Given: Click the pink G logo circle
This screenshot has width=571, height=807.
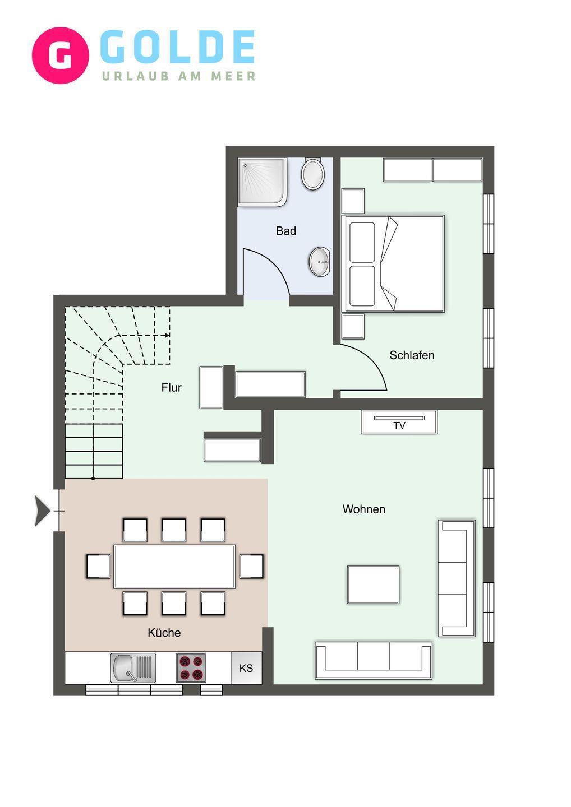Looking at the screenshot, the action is (60, 55).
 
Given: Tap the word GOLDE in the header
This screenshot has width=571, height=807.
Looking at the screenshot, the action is (178, 47).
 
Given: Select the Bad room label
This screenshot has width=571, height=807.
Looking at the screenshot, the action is (286, 231).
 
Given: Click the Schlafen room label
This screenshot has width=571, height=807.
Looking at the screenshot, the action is (412, 355).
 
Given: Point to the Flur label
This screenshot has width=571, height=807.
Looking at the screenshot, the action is (172, 388).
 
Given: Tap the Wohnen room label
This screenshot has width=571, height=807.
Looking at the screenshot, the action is (363, 509).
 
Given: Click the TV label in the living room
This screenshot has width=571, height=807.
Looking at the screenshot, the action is (399, 425).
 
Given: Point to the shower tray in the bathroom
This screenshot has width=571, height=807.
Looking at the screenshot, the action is (263, 182).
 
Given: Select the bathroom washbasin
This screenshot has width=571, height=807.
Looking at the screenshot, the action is (319, 262).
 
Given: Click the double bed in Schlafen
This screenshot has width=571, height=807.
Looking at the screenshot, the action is (393, 264).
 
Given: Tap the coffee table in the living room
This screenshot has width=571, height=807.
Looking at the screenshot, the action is (373, 585).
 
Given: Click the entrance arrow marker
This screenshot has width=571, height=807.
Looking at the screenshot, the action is (42, 511).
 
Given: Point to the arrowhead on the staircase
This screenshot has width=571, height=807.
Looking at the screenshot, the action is (167, 335).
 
